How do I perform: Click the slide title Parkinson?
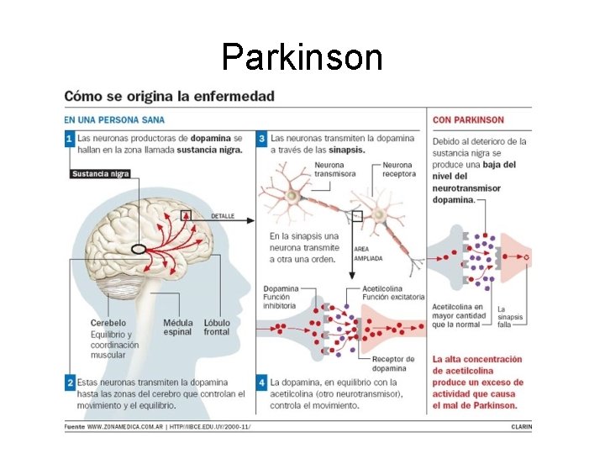coord(302,57)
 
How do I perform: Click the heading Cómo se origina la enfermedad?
coord(170,96)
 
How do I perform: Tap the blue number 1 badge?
coord(70,139)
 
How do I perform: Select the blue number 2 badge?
coord(70,383)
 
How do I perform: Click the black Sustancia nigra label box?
coord(100,174)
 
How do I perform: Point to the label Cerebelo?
coord(108,323)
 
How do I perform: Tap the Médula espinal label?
coord(177,327)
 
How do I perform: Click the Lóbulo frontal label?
coord(216,327)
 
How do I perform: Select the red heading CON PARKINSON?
coord(468,120)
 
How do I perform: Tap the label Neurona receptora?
coord(398,170)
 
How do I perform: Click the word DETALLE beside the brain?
coord(223,216)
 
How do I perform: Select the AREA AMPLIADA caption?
coord(368,253)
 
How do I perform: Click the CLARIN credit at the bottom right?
coord(521,426)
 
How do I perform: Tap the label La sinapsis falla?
coord(510,318)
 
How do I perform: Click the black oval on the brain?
coord(138,249)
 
